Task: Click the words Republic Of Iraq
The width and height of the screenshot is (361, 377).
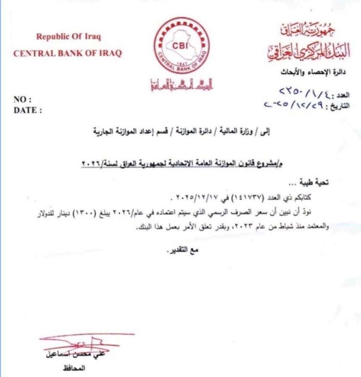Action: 69,37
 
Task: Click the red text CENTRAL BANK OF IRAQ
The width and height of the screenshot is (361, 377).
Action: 68,53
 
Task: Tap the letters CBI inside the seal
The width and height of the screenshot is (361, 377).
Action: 182,45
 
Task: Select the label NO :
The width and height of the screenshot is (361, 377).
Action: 23,100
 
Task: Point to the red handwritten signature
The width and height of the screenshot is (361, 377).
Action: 84,341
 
